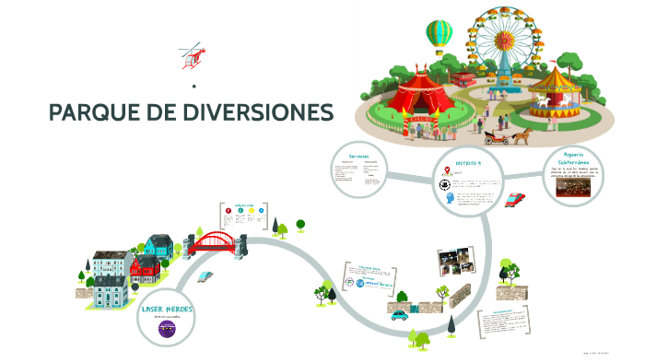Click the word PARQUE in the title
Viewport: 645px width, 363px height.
(88, 113)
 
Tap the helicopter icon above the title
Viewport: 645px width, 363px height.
(192, 54)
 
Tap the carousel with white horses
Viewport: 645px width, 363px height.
(553, 88)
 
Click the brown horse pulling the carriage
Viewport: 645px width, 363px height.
(522, 135)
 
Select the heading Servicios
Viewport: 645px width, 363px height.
(359, 156)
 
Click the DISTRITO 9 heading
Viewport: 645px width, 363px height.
(468, 162)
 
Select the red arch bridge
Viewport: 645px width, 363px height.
(215, 241)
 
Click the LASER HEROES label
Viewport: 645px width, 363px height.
(167, 309)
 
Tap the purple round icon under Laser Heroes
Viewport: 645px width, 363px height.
(167, 328)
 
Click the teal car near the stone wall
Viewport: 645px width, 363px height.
(399, 314)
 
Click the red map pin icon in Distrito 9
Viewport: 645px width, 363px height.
(446, 170)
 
